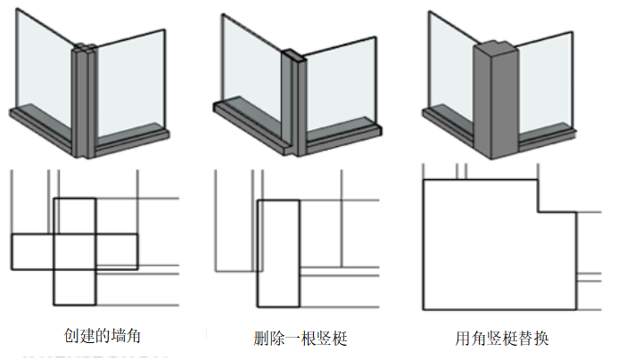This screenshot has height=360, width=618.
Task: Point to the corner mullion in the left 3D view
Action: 83,98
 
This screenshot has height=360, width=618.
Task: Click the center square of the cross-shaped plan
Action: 75,252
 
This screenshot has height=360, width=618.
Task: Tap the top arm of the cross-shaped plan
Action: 75,217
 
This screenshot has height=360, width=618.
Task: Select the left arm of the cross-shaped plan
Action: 33,252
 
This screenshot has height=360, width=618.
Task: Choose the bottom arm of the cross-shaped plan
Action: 75,287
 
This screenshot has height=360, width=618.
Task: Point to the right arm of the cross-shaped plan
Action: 116,252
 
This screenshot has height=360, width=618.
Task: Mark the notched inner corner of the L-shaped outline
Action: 537,212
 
